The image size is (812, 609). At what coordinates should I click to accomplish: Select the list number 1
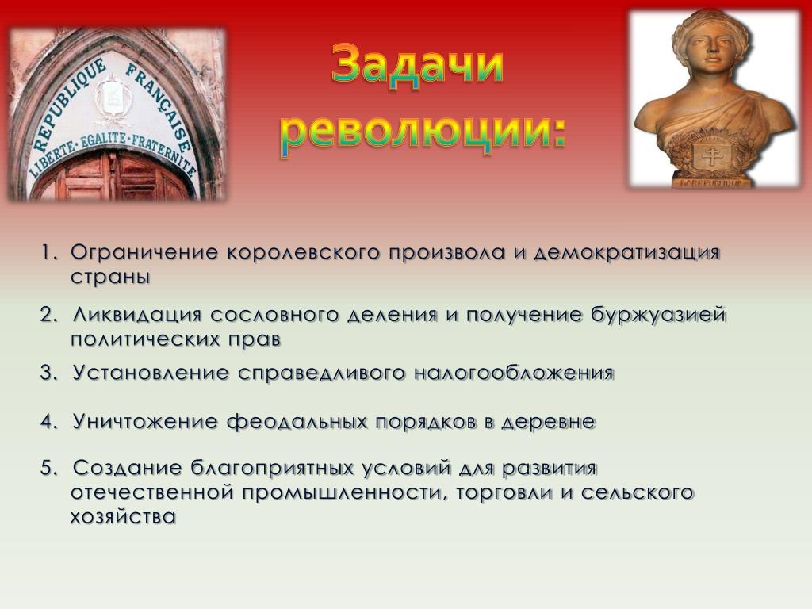(x=48, y=253)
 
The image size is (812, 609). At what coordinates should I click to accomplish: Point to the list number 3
(x=48, y=373)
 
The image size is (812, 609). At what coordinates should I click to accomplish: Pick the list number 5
(x=48, y=469)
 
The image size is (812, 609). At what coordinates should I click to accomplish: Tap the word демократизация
(x=626, y=253)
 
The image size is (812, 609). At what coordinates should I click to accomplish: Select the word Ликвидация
(x=136, y=316)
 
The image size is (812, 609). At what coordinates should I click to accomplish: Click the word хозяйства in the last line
(x=123, y=517)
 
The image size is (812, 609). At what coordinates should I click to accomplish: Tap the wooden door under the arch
(x=114, y=175)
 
